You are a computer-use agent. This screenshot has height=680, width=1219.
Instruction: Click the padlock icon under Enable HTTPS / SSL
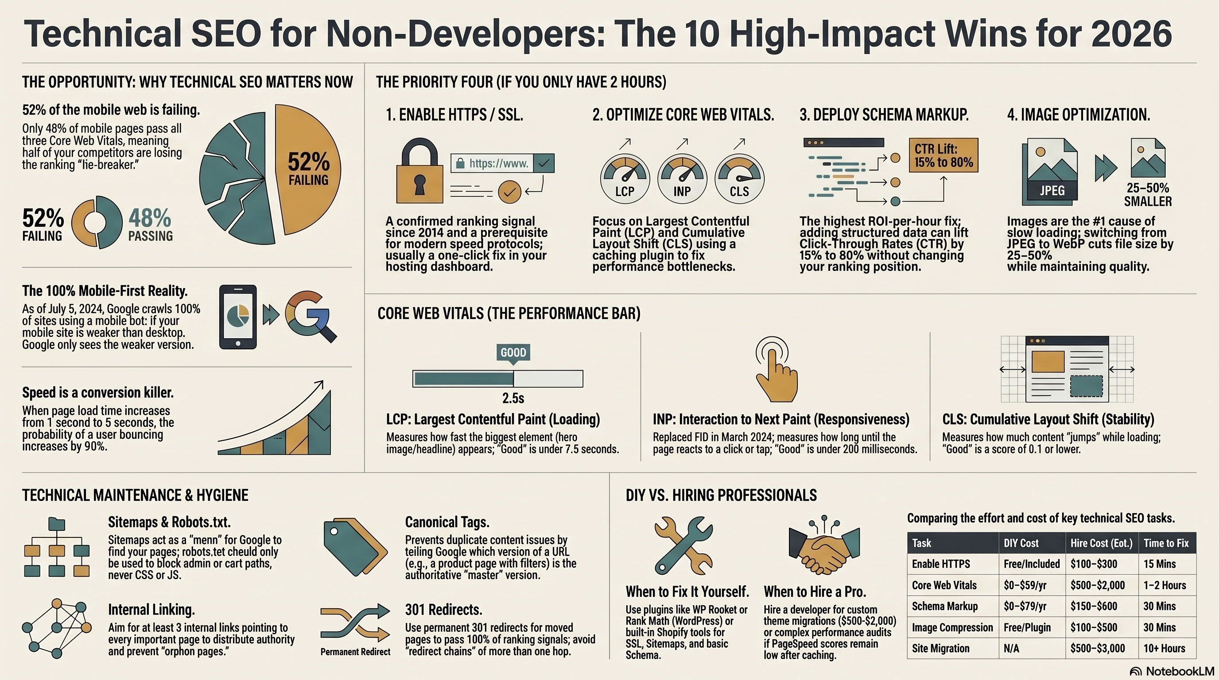click(x=420, y=172)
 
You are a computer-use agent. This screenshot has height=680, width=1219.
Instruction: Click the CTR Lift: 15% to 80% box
click(x=943, y=155)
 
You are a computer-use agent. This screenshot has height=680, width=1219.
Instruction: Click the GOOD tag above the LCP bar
click(x=513, y=352)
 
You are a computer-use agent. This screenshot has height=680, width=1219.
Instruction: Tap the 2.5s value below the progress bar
click(x=513, y=398)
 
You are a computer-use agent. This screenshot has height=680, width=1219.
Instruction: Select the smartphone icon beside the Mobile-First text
click(x=238, y=317)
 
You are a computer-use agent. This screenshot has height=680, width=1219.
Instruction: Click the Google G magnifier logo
click(x=310, y=316)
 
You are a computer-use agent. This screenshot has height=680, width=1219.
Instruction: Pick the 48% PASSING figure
click(x=151, y=224)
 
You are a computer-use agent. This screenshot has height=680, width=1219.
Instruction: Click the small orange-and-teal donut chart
click(x=97, y=222)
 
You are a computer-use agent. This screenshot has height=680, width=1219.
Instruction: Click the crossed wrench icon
click(x=683, y=545)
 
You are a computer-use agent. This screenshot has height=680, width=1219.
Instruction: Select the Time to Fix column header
click(x=1166, y=543)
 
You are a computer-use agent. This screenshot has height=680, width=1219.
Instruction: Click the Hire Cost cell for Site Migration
click(x=1097, y=648)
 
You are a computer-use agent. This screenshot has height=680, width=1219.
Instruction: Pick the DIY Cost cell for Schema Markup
click(x=1025, y=606)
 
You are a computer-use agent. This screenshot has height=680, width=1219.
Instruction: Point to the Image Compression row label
click(x=952, y=627)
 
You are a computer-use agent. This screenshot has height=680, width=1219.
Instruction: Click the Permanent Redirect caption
click(x=355, y=652)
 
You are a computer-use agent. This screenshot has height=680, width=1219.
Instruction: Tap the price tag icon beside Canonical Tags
click(x=355, y=547)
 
